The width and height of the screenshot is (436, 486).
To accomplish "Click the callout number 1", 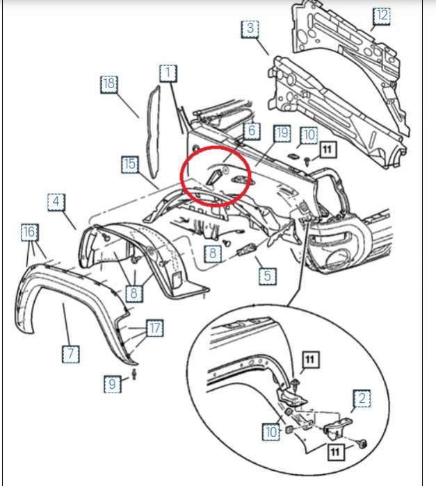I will [x=168, y=72].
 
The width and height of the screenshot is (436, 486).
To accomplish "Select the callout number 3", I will [x=250, y=29].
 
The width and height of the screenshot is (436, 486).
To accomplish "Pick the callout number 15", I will [x=129, y=165].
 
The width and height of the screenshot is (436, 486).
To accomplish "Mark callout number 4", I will [x=56, y=203].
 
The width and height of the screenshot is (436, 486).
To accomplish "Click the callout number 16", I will [x=29, y=232].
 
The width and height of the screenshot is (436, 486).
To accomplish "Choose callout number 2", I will [x=362, y=399].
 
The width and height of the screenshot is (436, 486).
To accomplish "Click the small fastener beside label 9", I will [x=134, y=376].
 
